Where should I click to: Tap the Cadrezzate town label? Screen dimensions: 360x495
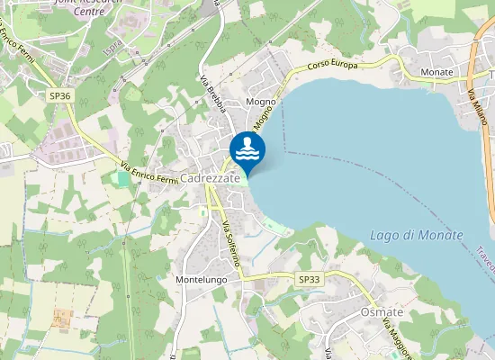click(x=210, y=178)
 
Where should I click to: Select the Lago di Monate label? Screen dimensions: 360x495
click(x=416, y=236)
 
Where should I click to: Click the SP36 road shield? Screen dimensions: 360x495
click(x=60, y=94)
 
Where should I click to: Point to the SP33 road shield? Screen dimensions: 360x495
click(x=309, y=280)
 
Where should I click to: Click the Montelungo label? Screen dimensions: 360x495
click(x=201, y=280)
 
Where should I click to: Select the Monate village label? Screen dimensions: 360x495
click(x=436, y=71)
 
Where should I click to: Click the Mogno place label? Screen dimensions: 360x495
click(x=260, y=103)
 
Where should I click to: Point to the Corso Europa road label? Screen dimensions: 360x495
click(x=332, y=66)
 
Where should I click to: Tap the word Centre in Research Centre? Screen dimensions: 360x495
click(x=88, y=12)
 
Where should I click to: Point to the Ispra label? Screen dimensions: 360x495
click(x=112, y=44)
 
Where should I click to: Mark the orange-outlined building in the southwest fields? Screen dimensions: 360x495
click(x=62, y=318)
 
